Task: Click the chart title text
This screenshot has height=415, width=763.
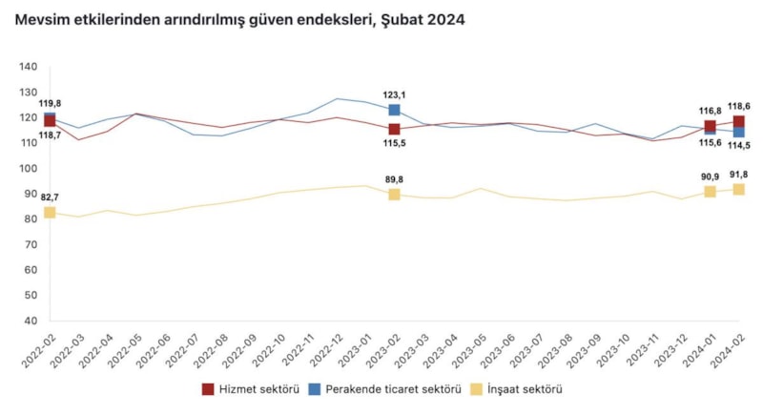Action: coord(239,19)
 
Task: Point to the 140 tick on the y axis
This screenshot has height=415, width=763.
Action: coord(28,67)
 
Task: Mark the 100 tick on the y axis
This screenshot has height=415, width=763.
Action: coord(28,168)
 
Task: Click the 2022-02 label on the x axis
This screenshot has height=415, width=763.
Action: coord(37,350)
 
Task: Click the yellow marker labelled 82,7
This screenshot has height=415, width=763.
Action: coord(50,212)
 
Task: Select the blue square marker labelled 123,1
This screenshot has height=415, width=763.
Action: coord(394,110)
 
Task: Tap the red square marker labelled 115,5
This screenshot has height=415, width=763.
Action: coord(394,129)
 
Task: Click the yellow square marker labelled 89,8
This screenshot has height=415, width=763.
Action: coord(394,194)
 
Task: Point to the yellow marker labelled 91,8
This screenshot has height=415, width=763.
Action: coord(738,189)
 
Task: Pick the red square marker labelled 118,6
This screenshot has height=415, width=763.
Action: coord(738,121)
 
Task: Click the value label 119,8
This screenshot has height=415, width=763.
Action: coord(50,103)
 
